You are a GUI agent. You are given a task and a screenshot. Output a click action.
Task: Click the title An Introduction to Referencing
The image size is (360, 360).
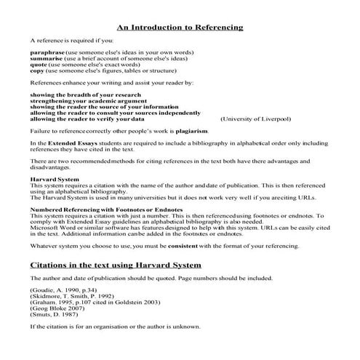(180, 28)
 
